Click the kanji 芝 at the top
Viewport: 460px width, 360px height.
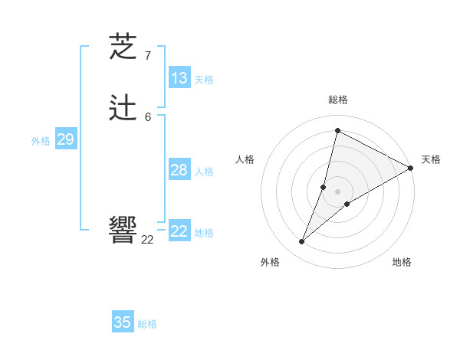123,47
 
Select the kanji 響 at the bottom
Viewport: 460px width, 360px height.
123,229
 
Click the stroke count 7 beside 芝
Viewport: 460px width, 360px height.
147,56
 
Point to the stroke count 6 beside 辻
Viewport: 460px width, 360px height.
147,116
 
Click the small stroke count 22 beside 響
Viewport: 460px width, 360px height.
147,240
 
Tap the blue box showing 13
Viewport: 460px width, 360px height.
179,78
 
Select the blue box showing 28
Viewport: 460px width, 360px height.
179,170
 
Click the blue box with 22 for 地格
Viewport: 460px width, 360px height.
179,231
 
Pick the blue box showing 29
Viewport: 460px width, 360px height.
65,139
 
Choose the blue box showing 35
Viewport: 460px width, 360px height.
123,322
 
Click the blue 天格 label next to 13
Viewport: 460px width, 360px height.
204,80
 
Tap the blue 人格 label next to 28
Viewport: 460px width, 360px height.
204,172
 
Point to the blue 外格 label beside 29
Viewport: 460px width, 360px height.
41,141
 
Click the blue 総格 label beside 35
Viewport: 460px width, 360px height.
147,324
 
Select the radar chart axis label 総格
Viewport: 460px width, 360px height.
338,100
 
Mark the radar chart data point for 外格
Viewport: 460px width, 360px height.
302,242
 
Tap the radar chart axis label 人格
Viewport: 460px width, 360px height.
245,159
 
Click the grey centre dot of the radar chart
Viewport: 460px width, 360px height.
338,191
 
